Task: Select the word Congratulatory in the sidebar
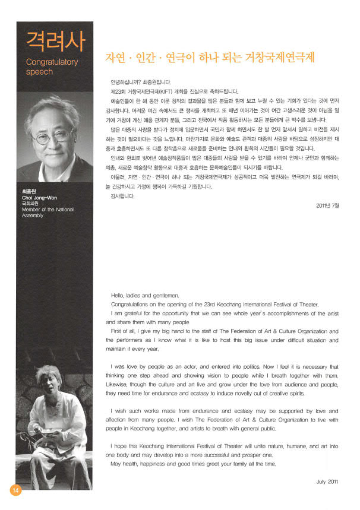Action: (52, 61)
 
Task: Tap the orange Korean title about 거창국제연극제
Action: (209, 58)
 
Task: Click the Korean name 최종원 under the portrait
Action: (29, 191)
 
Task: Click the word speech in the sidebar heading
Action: (40, 72)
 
